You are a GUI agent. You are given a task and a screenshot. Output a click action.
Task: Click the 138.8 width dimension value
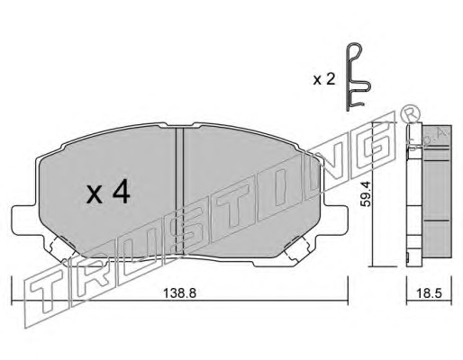click(x=179, y=292)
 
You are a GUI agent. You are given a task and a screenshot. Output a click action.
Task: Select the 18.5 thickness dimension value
click(x=430, y=293)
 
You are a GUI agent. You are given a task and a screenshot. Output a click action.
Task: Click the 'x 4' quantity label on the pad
click(x=108, y=193)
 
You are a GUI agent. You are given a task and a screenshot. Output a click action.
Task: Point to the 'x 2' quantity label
click(x=324, y=80)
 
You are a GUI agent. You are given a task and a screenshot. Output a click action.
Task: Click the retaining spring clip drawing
click(x=358, y=77)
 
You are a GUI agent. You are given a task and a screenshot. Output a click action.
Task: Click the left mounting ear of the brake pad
click(x=25, y=220)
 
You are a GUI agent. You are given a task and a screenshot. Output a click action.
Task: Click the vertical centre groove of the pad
click(x=179, y=191)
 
